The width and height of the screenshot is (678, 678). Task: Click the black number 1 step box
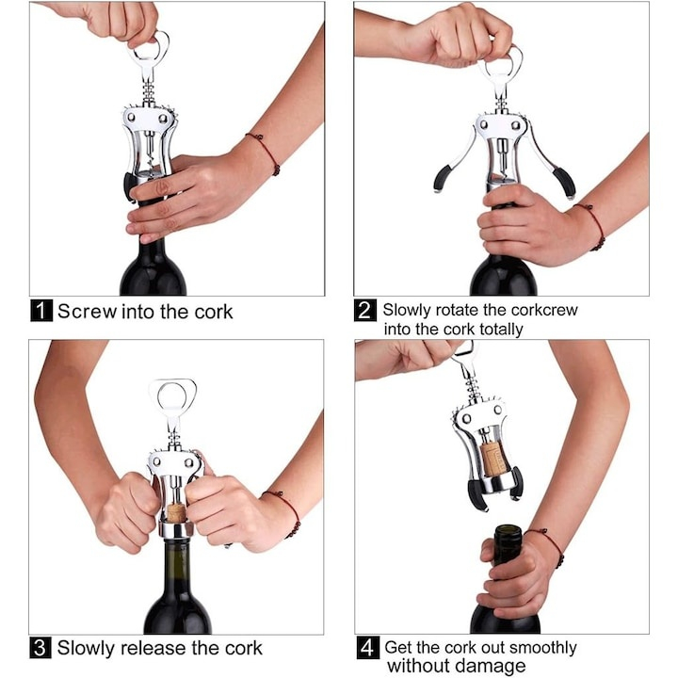[41, 311]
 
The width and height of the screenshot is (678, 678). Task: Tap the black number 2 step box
[365, 311]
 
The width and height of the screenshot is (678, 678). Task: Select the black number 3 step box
[40, 647]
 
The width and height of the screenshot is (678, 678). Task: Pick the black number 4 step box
[368, 647]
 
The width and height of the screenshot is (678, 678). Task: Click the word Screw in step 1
[88, 312]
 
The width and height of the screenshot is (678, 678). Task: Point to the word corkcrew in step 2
[544, 310]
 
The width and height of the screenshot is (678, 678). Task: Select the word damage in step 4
[492, 667]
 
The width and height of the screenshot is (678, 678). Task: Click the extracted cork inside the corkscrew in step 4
[492, 459]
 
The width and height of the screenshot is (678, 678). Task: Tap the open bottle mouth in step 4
[508, 529]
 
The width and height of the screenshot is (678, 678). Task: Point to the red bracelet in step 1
[265, 153]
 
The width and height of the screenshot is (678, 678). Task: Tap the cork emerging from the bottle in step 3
[176, 511]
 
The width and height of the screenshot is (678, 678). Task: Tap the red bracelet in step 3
[284, 511]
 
